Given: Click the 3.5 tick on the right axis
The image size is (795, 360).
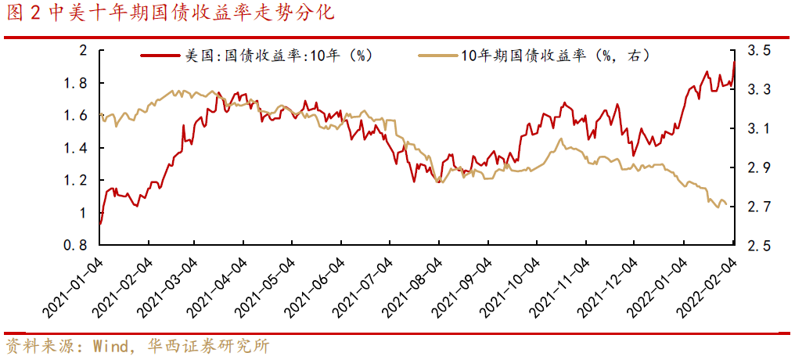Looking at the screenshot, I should click(x=758, y=51).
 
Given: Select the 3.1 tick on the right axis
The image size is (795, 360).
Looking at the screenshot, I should click(x=758, y=129).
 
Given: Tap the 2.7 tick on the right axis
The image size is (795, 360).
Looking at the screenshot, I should click(x=758, y=207).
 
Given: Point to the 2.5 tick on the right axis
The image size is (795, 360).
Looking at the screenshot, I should click(x=758, y=246).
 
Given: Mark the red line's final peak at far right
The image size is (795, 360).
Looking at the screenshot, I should click(x=734, y=62).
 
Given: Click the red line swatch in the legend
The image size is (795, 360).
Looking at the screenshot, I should click(x=160, y=56).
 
